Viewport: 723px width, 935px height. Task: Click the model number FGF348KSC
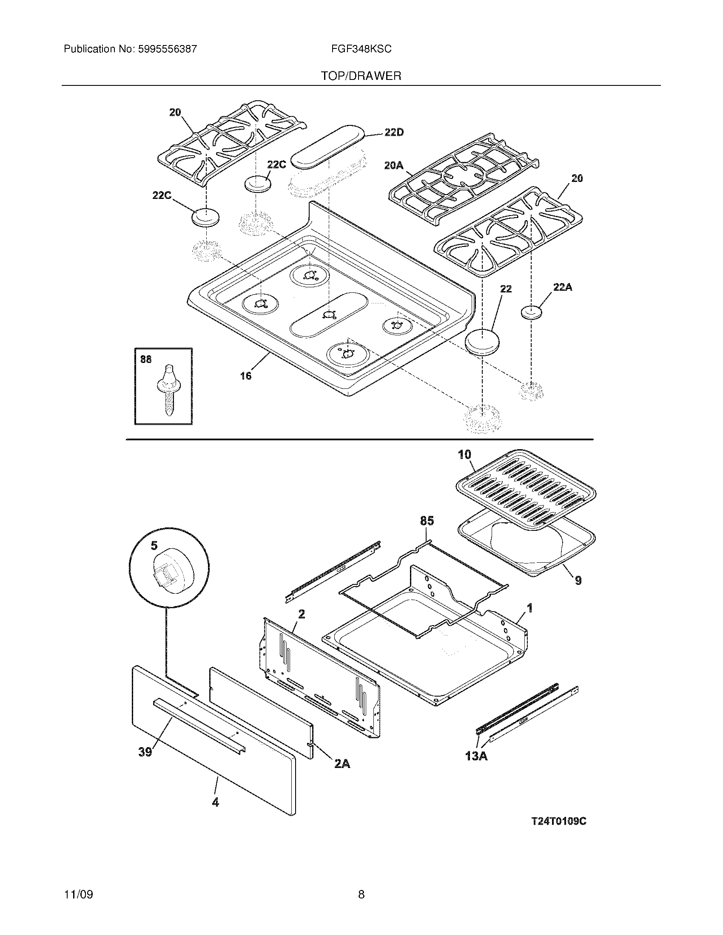[361, 49]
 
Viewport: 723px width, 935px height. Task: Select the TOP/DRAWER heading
[361, 76]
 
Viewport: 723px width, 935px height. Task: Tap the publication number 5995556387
[167, 49]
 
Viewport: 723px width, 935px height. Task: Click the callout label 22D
[394, 133]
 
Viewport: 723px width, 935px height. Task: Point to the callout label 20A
[394, 165]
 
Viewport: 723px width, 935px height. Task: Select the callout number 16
[246, 376]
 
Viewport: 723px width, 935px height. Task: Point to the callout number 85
[427, 521]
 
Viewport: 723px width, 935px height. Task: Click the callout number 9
[578, 581]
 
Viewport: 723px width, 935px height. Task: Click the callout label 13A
[476, 756]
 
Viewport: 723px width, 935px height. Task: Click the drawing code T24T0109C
[558, 822]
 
